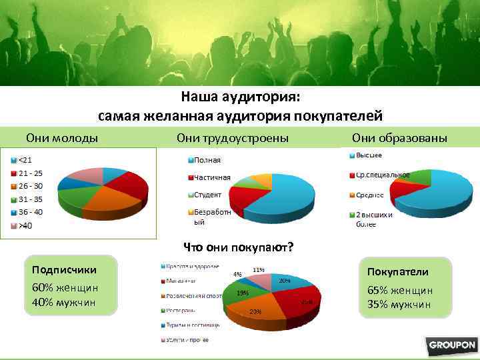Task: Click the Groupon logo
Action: coord(452,345)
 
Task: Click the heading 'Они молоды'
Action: coord(62,138)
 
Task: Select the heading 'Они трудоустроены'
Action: coord(233,138)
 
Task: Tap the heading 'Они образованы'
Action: coord(400,138)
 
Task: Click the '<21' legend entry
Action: coord(25,159)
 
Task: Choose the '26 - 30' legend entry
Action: coord(29,186)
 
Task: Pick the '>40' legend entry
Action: coord(25,225)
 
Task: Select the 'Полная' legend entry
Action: coord(207,160)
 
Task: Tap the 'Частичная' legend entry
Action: coord(212,177)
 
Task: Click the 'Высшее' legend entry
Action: coord(369,155)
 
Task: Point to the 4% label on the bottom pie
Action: coord(237,273)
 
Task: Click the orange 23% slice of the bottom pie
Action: coord(255,311)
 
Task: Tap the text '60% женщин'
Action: coord(65,287)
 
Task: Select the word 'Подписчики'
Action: coord(64,269)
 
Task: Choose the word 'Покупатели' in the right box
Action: coord(398,272)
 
